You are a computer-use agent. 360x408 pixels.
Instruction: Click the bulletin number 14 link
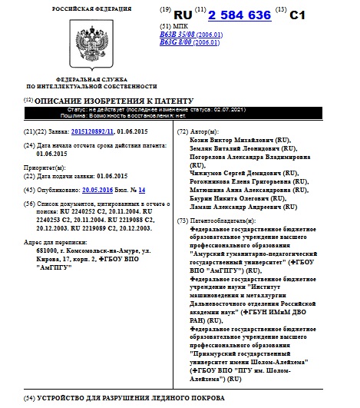pyautogui.click(x=142, y=189)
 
